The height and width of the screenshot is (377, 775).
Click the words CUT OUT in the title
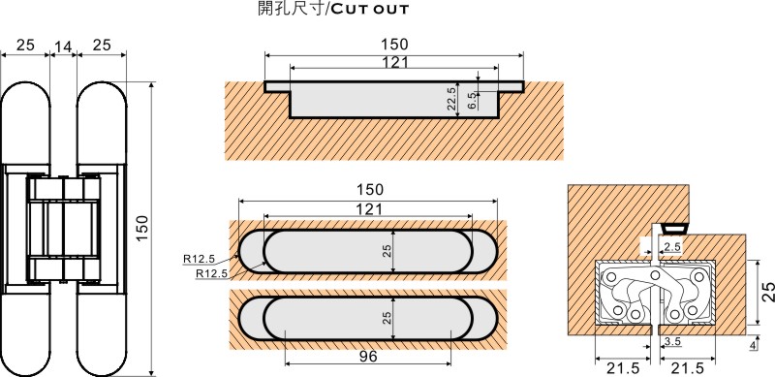click(369, 9)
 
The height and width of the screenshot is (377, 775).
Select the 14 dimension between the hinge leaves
click(63, 46)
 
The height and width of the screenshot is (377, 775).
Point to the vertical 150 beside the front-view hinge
click(141, 229)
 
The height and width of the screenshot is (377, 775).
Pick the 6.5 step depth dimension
click(471, 101)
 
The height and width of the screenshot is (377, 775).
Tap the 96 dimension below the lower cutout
click(368, 356)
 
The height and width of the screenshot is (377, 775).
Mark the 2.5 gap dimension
click(672, 247)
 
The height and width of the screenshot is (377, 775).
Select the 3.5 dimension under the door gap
click(673, 341)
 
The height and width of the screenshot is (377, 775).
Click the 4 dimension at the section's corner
click(753, 345)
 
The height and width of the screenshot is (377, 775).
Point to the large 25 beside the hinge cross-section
click(767, 293)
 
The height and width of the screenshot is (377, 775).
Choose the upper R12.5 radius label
click(199, 258)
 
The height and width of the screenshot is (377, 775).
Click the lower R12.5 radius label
click(211, 272)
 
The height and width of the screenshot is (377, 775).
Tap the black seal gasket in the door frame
click(674, 229)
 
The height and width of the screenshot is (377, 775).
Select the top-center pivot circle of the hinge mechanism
click(656, 275)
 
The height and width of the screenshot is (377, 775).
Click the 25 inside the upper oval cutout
click(387, 251)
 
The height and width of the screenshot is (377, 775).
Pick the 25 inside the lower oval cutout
click(387, 317)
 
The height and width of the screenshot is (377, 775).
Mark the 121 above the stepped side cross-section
click(395, 62)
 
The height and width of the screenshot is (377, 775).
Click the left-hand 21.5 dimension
click(623, 368)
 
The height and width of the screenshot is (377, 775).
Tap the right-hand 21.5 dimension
click(688, 368)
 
